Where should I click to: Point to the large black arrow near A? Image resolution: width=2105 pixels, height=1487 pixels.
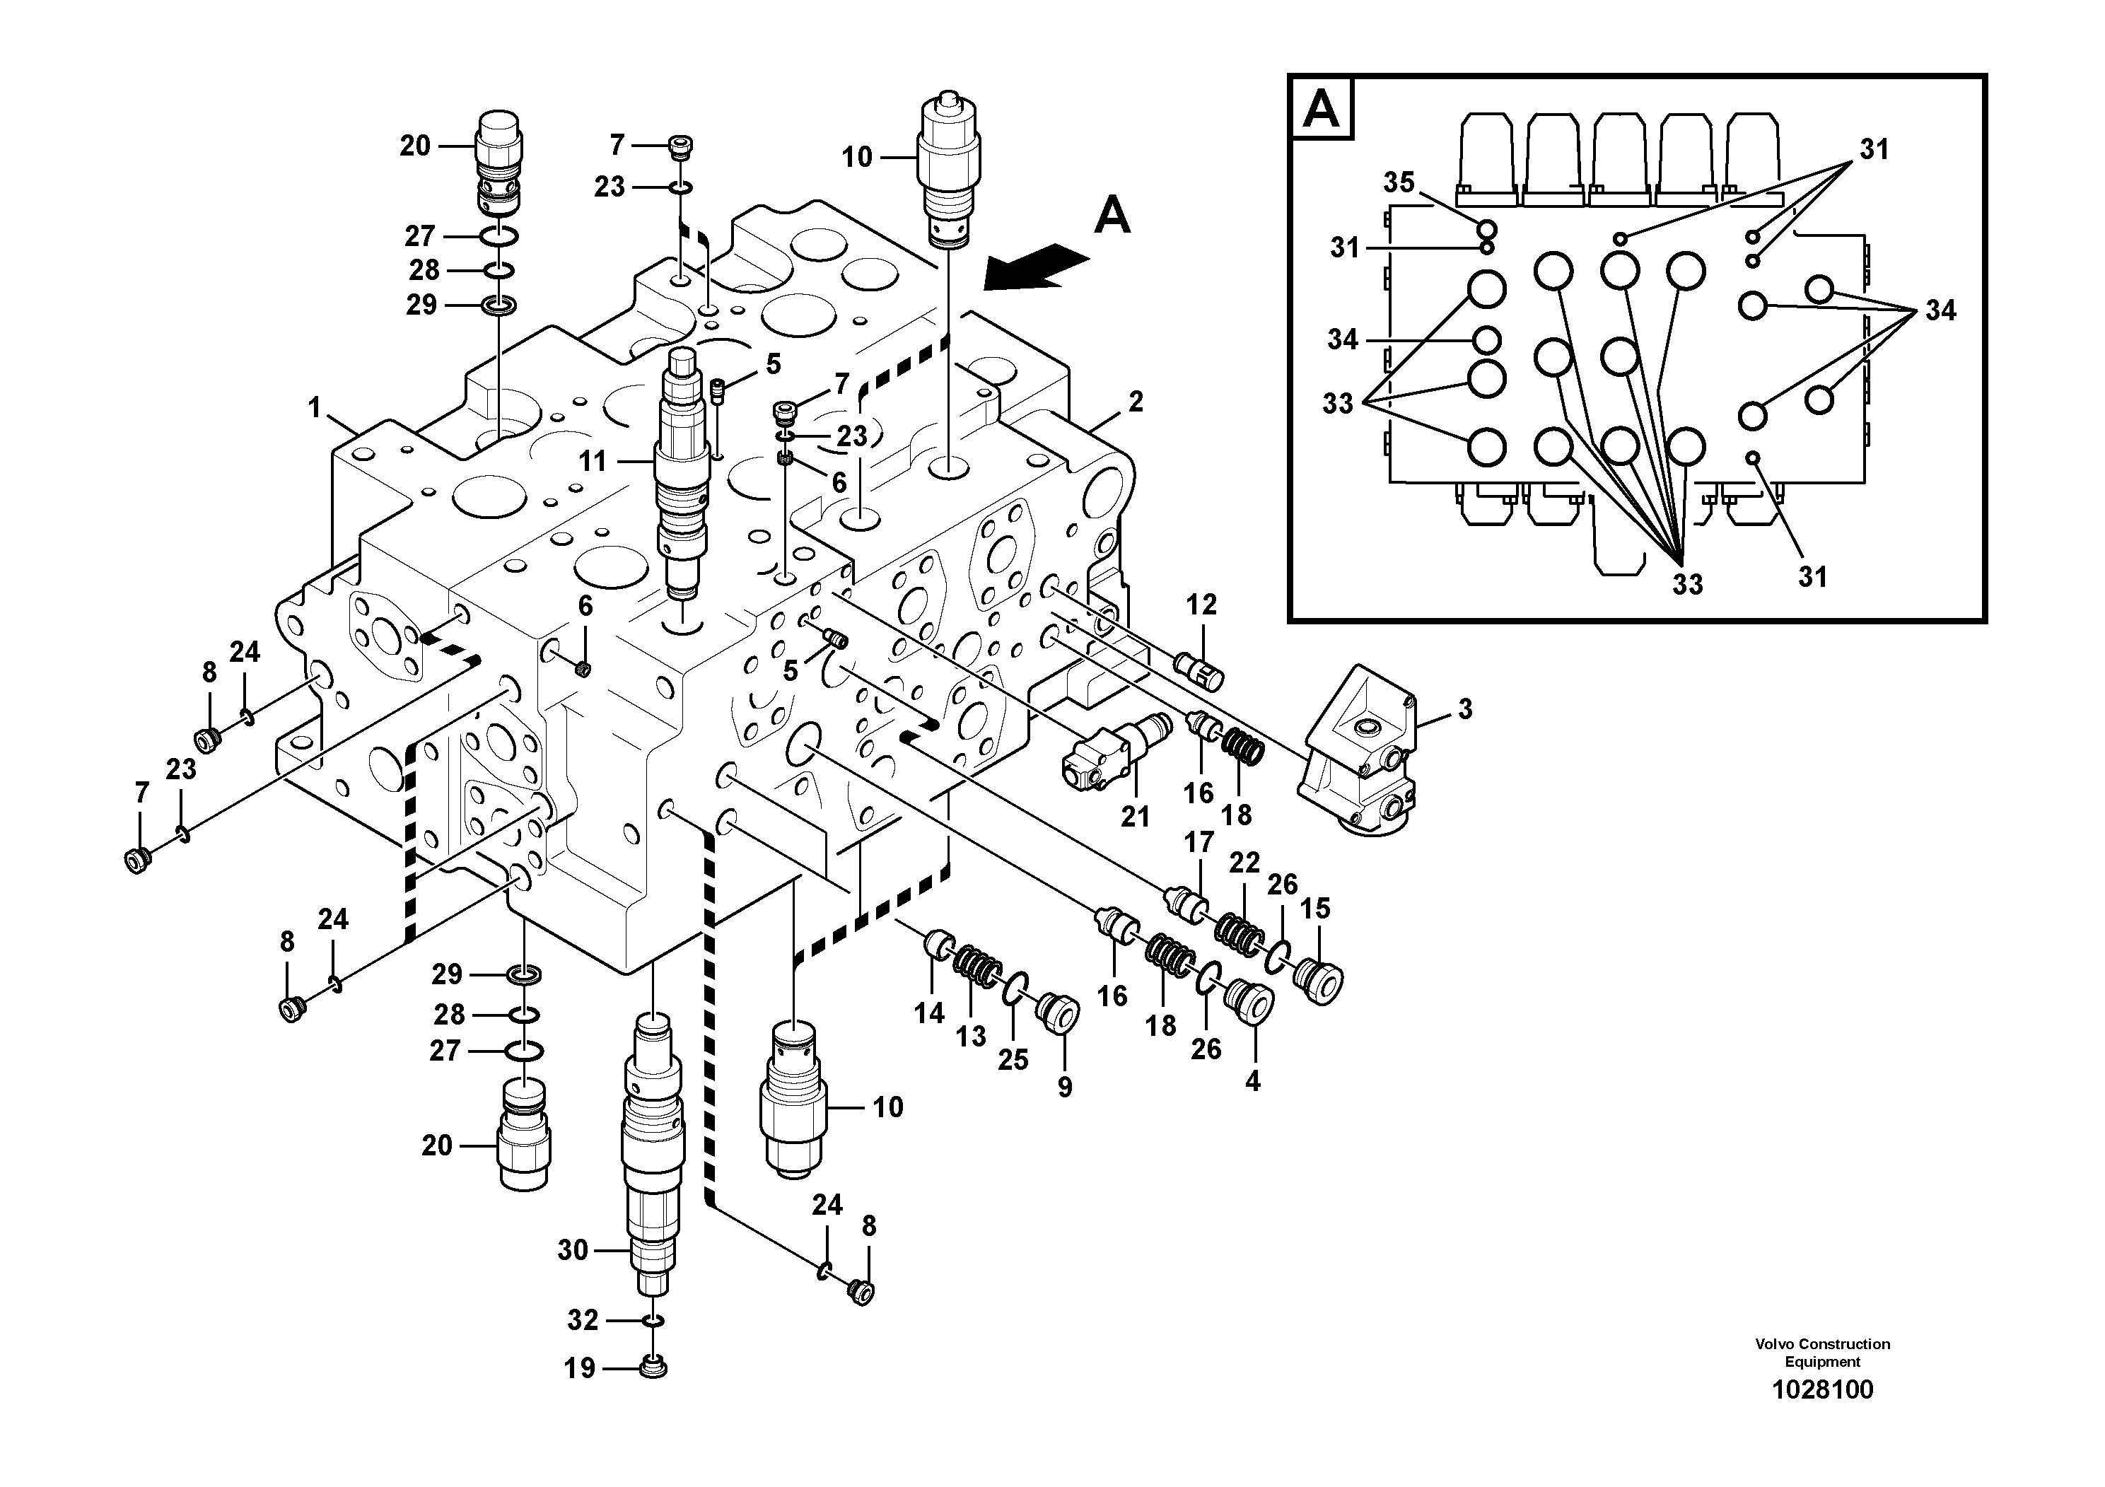(x=1035, y=267)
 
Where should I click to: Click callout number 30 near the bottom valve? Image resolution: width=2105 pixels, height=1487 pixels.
(x=572, y=1249)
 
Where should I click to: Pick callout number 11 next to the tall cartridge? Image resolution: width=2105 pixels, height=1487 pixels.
(x=593, y=461)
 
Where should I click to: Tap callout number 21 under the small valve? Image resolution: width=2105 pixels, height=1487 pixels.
(x=1135, y=816)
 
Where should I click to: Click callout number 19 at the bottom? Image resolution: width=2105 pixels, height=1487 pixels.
(x=579, y=1369)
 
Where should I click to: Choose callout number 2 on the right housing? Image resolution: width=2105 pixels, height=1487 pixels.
(x=1135, y=402)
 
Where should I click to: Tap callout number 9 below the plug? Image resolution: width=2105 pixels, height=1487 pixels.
(x=1063, y=1087)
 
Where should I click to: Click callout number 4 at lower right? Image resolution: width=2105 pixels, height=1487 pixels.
(x=1252, y=1082)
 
